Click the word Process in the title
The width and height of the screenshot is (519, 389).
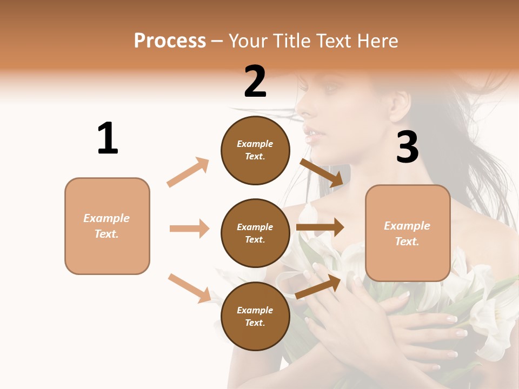(x=170, y=41)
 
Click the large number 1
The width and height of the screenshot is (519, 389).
(x=108, y=138)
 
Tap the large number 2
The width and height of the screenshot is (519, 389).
(x=255, y=82)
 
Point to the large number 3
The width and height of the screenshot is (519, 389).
(x=408, y=147)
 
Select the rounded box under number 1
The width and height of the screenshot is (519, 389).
(x=107, y=226)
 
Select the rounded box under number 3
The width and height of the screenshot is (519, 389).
(x=408, y=233)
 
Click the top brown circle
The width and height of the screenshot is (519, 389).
(x=255, y=150)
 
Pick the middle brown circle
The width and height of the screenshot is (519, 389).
(x=255, y=233)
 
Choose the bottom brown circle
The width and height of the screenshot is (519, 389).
(x=255, y=316)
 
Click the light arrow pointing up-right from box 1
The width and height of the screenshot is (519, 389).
(x=188, y=172)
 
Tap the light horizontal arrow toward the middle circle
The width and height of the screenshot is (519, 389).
(x=189, y=229)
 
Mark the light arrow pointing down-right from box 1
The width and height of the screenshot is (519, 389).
(x=189, y=288)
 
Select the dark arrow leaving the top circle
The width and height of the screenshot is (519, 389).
(x=321, y=172)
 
